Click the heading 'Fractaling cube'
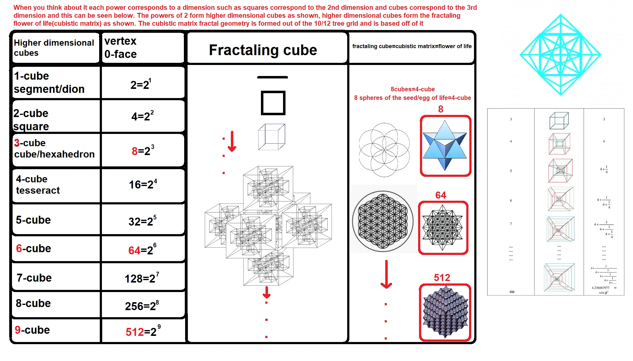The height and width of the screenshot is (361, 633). point(263,50)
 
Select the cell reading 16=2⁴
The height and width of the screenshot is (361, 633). point(143,184)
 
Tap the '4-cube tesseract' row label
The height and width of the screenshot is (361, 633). point(38,184)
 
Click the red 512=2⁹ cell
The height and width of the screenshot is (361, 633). point(142,332)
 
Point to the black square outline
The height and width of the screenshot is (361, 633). point(273,103)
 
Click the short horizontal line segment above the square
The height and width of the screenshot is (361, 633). point(272,77)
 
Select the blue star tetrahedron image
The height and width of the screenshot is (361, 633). point(445,146)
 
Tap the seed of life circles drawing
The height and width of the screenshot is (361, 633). point(384,150)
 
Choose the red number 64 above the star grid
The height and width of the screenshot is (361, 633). point(441,195)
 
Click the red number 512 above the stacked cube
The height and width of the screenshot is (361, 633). point(442,278)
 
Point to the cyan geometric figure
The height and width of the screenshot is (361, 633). point(561,55)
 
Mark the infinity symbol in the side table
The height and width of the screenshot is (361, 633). point(512,292)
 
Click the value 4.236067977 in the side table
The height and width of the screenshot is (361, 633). point(600,288)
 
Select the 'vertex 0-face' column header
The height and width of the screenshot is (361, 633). point(120,47)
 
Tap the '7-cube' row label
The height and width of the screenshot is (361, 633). point(34,278)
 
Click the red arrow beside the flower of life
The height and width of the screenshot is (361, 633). point(386,274)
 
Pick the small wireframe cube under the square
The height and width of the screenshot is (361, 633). point(271,137)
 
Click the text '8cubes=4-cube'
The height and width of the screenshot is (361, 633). point(413,89)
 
